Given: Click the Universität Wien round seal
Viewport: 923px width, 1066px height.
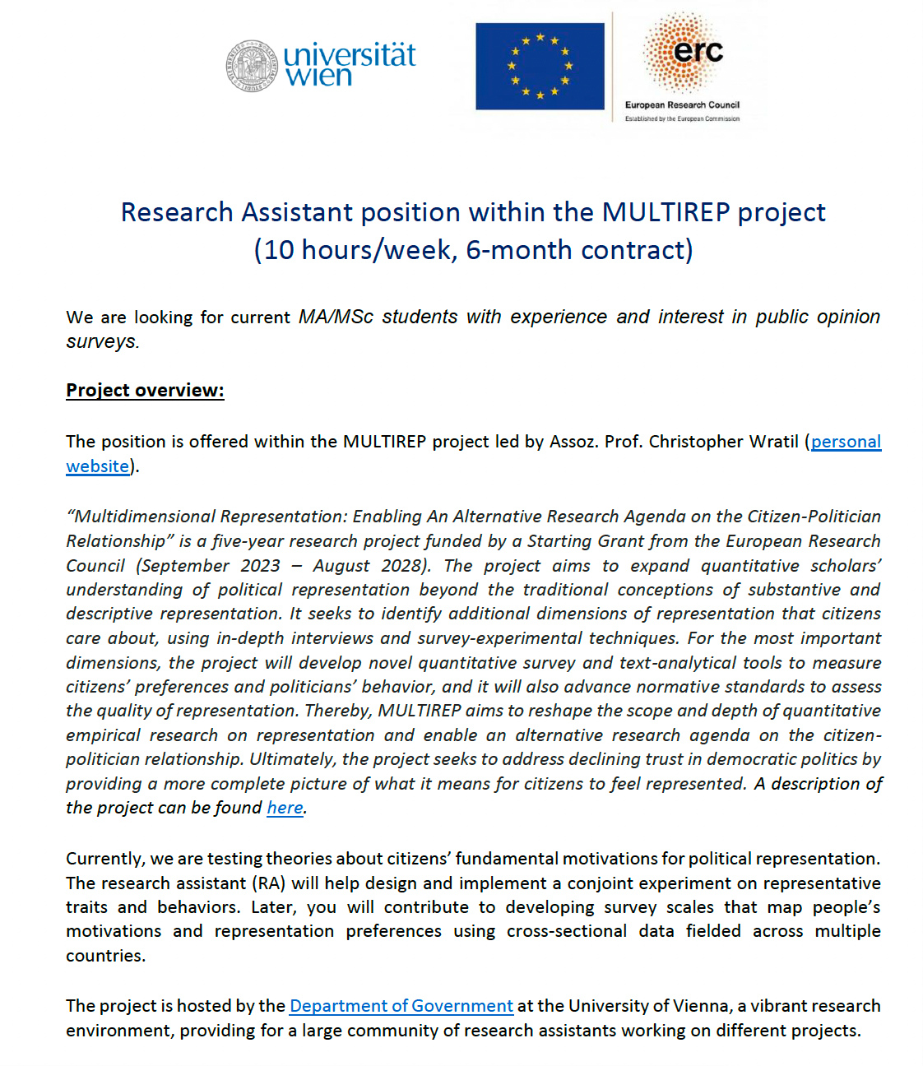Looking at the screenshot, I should pyautogui.click(x=252, y=66).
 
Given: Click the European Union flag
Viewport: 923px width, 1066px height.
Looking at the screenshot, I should pyautogui.click(x=540, y=67).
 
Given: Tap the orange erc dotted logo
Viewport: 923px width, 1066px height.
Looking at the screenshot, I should pyautogui.click(x=683, y=51).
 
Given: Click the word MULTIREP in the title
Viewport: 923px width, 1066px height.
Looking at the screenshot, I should pyautogui.click(x=666, y=212).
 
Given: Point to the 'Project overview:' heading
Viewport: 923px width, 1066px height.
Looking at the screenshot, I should pyautogui.click(x=145, y=390).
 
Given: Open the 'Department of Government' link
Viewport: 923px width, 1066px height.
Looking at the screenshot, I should pyautogui.click(x=401, y=1006).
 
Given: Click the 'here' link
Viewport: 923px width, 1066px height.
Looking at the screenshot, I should pyautogui.click(x=285, y=808).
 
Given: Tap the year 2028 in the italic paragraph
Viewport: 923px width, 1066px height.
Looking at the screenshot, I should pyautogui.click(x=401, y=566).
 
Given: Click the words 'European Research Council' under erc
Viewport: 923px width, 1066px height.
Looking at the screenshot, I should pyautogui.click(x=682, y=105).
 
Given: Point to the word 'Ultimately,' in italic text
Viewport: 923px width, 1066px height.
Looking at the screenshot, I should pyautogui.click(x=293, y=759).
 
